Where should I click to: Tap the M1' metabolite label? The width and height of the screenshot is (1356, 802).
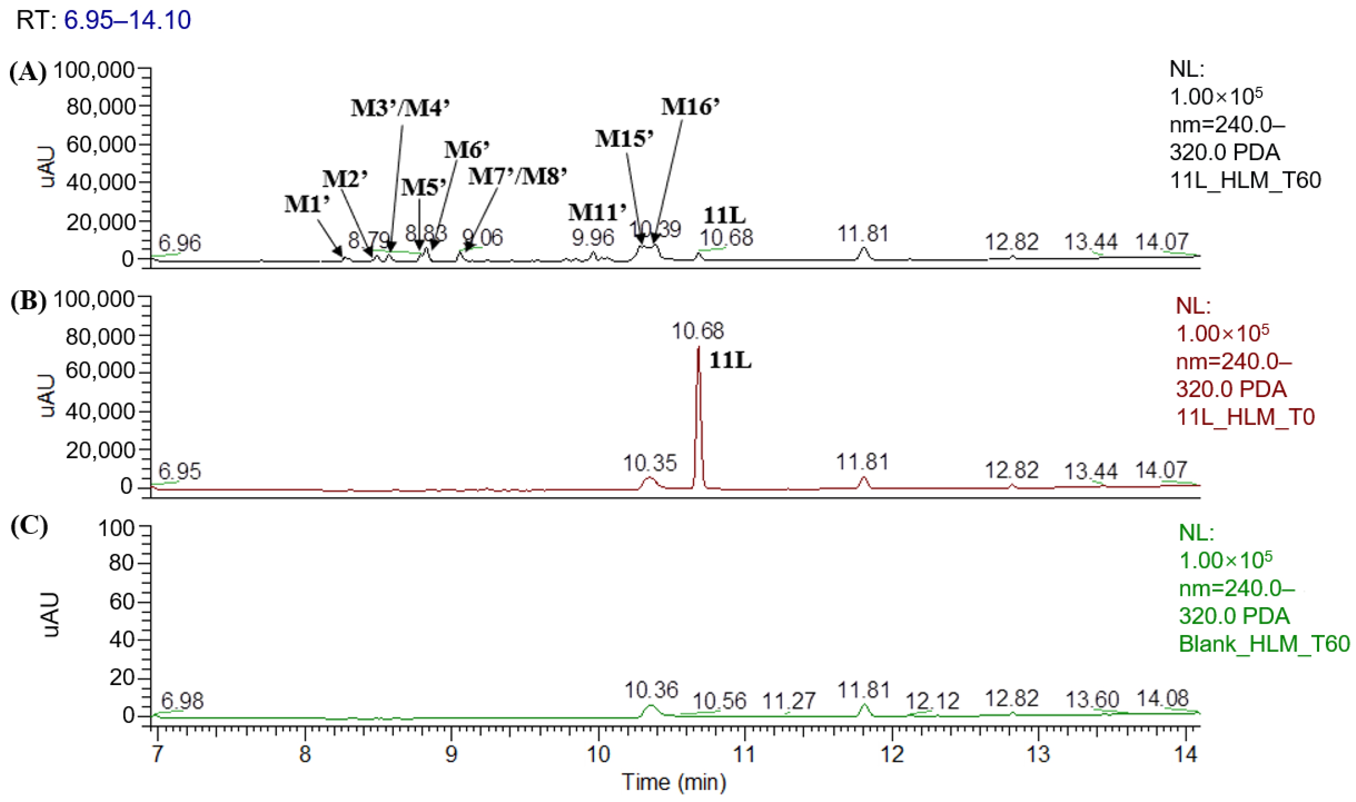[307, 204]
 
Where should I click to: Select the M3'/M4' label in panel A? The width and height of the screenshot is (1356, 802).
[400, 108]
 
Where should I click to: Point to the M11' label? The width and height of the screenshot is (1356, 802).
[597, 212]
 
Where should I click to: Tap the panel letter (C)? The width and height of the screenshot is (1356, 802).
[29, 526]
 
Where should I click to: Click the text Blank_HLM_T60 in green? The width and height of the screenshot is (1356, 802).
[1264, 644]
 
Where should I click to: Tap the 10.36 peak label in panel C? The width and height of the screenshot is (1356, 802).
[651, 690]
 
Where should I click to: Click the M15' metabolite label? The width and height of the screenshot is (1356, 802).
[624, 139]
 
